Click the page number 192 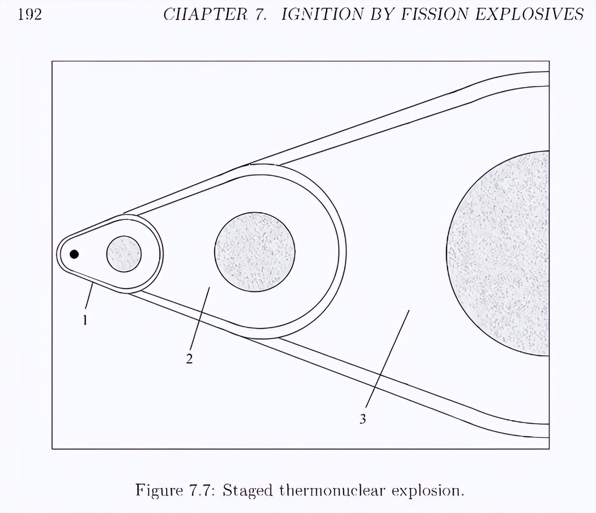30,15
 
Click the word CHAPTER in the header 205,14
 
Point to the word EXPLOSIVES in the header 529,14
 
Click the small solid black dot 74,254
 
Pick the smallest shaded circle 124,254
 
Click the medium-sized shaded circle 255,252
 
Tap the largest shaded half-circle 498,253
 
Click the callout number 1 85,320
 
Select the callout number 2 189,359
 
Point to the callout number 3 363,419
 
